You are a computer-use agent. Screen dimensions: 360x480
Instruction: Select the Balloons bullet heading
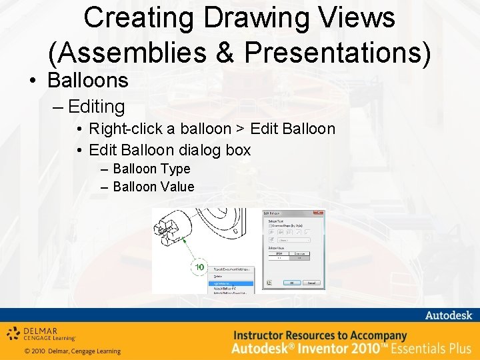point(87,81)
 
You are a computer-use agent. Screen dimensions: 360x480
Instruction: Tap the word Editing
point(96,106)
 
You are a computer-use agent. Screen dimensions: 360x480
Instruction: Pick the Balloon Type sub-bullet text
point(151,169)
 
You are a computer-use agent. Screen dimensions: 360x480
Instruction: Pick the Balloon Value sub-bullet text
point(153,187)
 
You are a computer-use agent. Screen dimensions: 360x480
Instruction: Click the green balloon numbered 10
point(199,267)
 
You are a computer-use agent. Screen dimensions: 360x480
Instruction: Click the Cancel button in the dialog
point(311,283)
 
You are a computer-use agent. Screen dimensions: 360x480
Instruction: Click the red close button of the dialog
point(321,213)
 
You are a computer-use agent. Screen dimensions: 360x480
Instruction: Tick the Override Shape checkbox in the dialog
point(269,225)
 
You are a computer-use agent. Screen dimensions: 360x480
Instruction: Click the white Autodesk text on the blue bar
point(449,315)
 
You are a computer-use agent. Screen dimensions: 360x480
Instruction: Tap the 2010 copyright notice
point(72,351)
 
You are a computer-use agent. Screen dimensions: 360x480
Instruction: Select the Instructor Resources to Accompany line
point(319,335)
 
